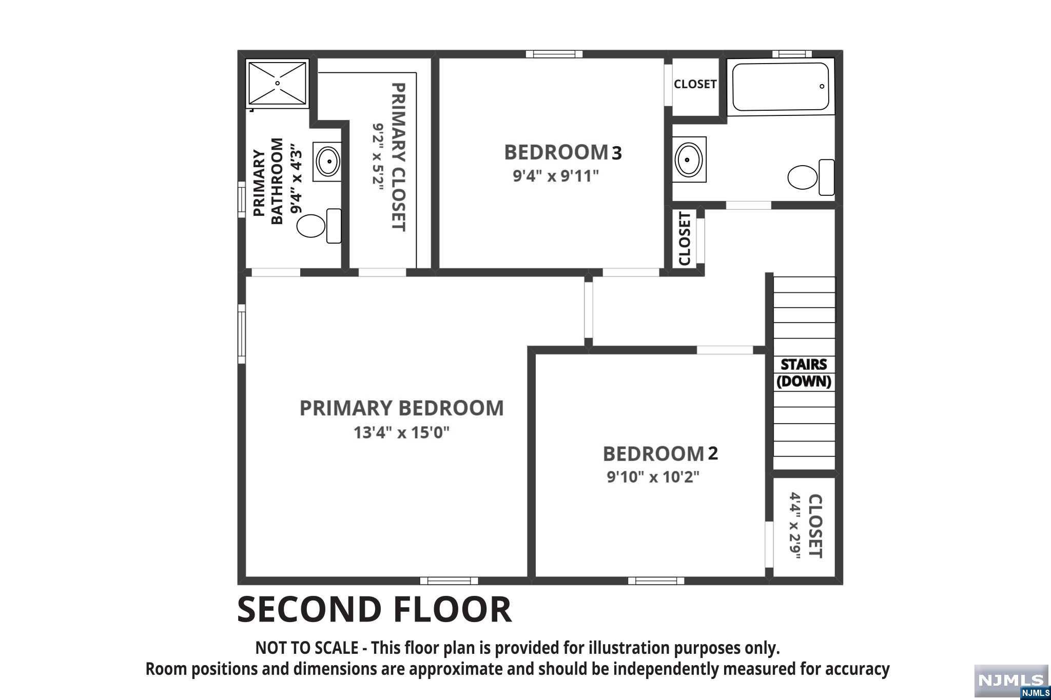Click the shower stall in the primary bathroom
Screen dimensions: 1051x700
277,83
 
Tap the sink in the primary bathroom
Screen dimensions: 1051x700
327,162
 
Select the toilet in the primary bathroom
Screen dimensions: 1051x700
319,226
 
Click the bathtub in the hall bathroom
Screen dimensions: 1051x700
781,87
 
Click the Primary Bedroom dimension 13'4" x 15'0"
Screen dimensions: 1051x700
401,433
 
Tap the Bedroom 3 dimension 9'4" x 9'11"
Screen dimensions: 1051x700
556,176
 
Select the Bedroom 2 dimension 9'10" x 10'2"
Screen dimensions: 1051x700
653,477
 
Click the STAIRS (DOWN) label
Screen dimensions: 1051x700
804,373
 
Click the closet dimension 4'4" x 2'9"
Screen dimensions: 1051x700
795,526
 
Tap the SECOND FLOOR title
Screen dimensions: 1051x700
374,609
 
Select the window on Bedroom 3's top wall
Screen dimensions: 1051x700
555,54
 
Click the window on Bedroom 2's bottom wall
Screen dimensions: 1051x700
656,581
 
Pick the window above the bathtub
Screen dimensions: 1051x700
792,54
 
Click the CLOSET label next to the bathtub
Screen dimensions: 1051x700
695,84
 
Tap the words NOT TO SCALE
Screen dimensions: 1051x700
307,648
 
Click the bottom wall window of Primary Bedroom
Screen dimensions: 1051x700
449,581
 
